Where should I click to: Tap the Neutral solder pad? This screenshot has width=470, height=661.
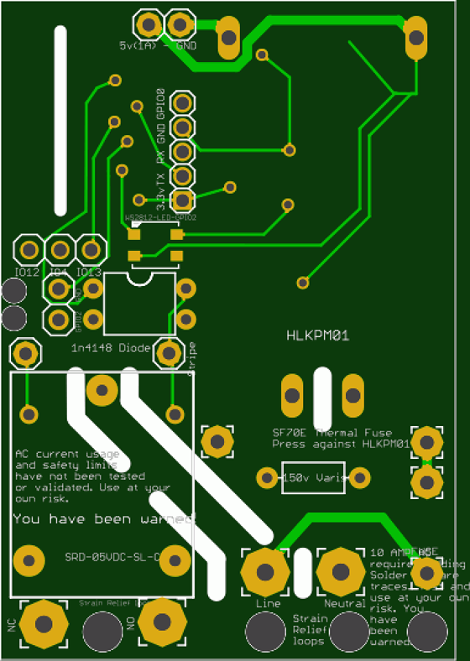(341, 572)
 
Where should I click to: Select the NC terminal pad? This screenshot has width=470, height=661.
(44, 623)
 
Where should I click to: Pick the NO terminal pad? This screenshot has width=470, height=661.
(162, 622)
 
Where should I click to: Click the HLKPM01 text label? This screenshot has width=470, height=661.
(317, 336)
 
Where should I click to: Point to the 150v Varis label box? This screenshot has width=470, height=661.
(313, 477)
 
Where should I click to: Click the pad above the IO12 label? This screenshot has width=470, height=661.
(29, 249)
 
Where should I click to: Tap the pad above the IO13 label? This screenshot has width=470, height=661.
(90, 249)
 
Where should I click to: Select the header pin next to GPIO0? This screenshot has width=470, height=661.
(181, 102)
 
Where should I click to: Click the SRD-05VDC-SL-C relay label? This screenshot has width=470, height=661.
(112, 557)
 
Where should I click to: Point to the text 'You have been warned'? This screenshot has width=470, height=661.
(103, 519)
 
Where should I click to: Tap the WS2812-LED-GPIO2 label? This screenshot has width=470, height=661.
(160, 217)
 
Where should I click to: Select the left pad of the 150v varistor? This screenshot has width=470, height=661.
(266, 478)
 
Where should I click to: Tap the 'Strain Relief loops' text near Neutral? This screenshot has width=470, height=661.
(309, 629)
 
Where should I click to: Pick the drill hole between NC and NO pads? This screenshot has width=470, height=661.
(102, 627)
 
